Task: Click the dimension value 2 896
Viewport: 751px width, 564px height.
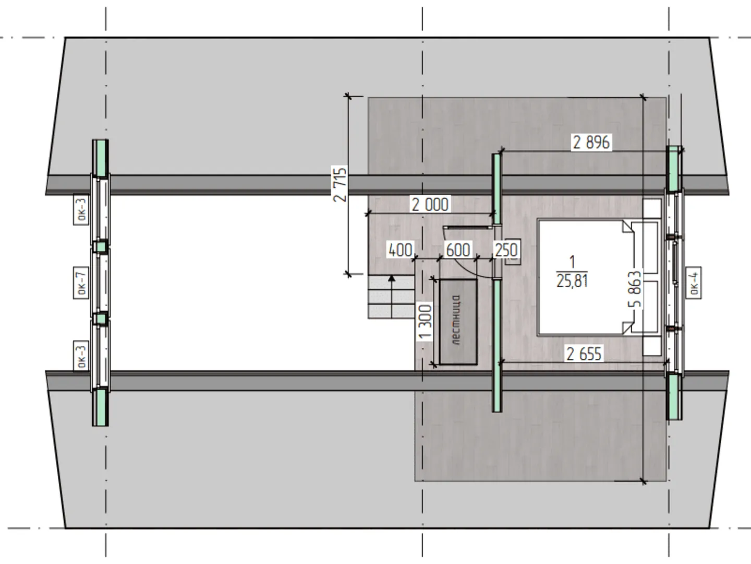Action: pyautogui.click(x=591, y=142)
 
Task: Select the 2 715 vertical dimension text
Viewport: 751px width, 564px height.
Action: pyautogui.click(x=340, y=184)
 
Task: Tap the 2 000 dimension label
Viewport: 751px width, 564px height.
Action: pyautogui.click(x=430, y=204)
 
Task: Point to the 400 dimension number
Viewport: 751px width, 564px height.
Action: pyautogui.click(x=400, y=250)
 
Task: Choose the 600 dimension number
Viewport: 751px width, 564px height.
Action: pyautogui.click(x=458, y=250)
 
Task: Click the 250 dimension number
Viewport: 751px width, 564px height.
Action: pyautogui.click(x=506, y=250)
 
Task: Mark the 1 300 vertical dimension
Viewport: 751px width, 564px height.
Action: pyautogui.click(x=425, y=322)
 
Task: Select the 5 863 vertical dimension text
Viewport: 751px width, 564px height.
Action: pyautogui.click(x=635, y=289)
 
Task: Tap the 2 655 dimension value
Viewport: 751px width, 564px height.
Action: pyautogui.click(x=584, y=354)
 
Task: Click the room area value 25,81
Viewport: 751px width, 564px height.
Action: pyautogui.click(x=572, y=281)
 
